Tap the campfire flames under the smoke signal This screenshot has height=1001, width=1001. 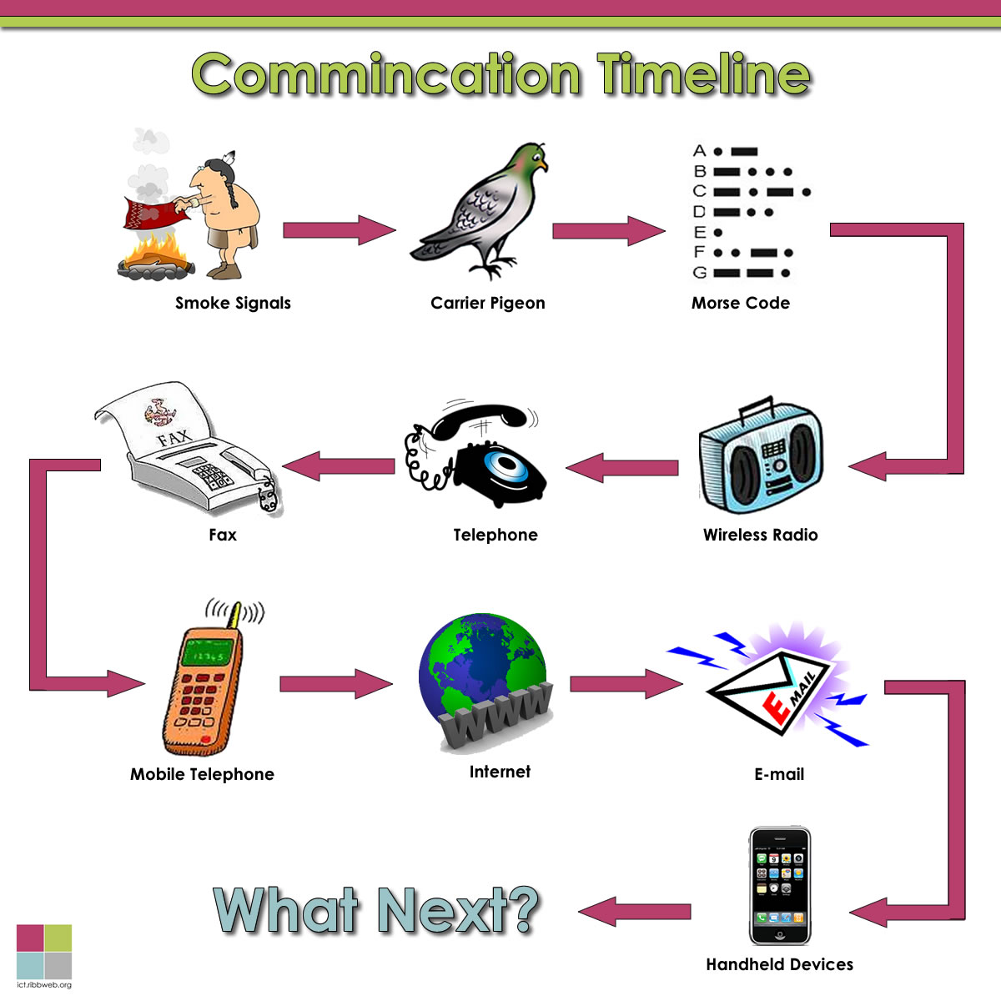coord(158,250)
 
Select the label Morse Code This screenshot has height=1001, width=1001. coord(740,303)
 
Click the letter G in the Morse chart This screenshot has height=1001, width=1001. coord(699,273)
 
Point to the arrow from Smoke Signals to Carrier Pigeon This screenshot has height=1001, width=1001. coord(338,230)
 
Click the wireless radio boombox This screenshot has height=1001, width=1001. coord(761,463)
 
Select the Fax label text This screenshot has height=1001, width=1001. coord(223,535)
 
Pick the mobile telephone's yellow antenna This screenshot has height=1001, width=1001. coord(237,616)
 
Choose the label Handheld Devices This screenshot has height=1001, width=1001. coord(779,964)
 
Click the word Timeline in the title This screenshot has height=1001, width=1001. coord(703,75)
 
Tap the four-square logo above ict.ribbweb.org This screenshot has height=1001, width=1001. coord(44,951)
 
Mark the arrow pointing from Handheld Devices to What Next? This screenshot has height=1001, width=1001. coord(634,912)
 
